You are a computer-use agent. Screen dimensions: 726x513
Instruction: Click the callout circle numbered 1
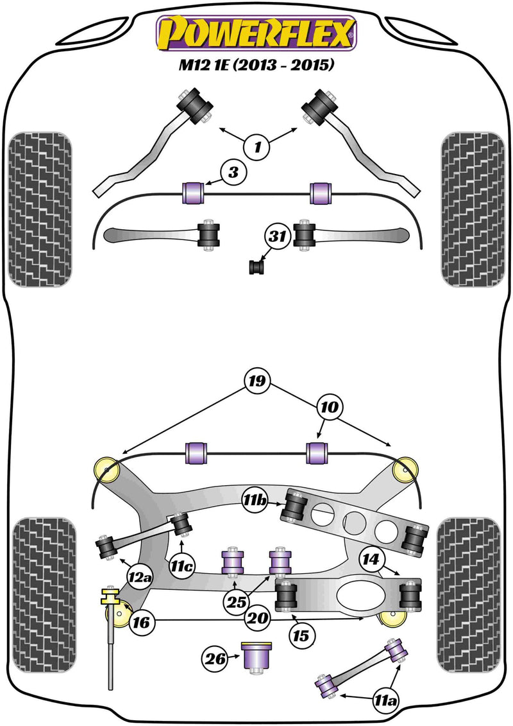[257, 148]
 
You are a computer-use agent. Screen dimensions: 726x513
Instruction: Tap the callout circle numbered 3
[233, 173]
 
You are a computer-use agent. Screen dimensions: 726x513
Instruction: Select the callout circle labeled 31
[277, 238]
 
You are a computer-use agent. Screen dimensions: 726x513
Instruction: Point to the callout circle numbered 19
[258, 382]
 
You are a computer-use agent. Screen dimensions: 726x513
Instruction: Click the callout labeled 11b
[256, 499]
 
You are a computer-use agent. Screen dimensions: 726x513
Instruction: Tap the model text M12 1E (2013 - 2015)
[256, 65]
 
